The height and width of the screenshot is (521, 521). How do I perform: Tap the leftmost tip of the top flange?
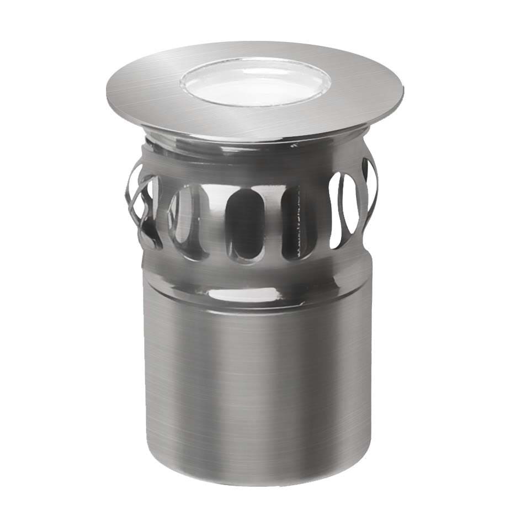click(104, 87)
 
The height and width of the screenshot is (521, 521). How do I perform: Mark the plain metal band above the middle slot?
click(243, 171)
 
